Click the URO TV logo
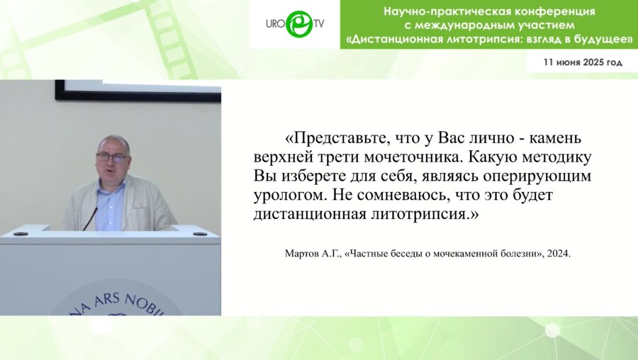295,24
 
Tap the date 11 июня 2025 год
583,62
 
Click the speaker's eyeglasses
112,157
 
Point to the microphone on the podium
90,218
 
